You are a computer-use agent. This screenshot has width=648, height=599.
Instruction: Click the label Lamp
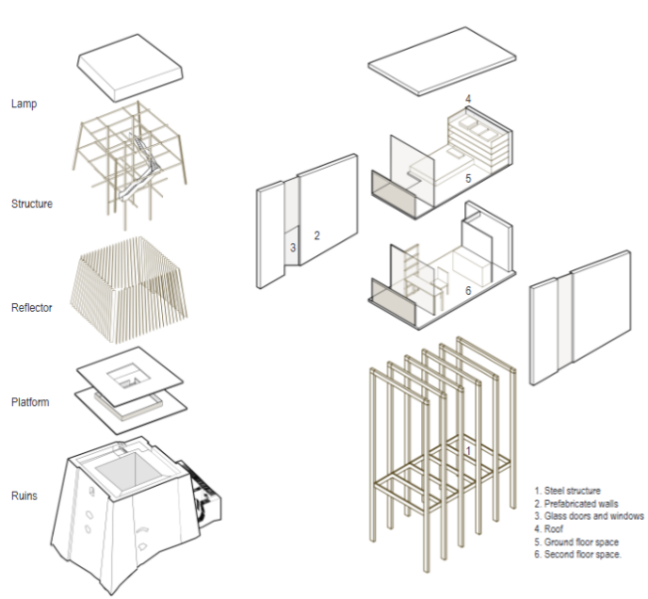tap(24, 103)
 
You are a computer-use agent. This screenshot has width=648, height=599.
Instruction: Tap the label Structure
tap(32, 204)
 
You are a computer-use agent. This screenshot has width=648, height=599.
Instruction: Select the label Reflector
tap(32, 308)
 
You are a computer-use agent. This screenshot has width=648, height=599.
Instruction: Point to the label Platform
tap(30, 402)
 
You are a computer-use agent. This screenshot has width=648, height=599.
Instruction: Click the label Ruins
tap(25, 495)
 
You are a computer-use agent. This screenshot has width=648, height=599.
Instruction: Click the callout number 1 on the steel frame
tap(468, 450)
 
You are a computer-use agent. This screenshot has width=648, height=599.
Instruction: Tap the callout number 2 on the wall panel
tap(316, 235)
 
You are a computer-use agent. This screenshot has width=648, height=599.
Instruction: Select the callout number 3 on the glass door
tap(293, 247)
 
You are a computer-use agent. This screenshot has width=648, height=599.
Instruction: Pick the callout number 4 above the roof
tap(467, 98)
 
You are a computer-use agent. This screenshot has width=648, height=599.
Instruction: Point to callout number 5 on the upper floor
tap(466, 179)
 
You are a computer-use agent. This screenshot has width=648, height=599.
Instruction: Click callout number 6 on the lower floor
tap(468, 291)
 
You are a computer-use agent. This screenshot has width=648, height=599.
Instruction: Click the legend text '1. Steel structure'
tap(569, 490)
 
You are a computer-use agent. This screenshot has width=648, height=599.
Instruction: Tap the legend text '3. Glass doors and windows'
tap(588, 516)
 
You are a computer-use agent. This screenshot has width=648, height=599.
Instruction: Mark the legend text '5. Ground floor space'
tap(575, 541)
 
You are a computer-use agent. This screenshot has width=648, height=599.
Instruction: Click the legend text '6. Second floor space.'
tap(578, 554)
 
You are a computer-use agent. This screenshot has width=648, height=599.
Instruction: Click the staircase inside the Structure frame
tap(139, 169)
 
